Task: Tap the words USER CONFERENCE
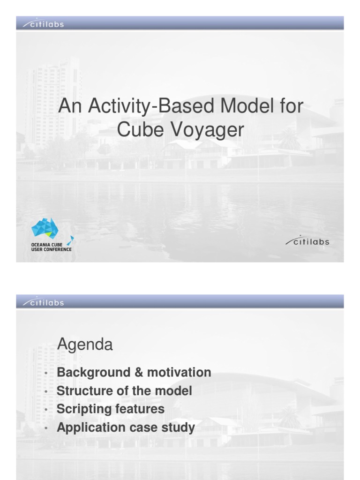point(51,249)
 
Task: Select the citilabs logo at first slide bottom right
point(307,242)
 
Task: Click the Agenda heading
point(85,345)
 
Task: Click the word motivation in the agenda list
point(179,373)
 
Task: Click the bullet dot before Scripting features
point(45,410)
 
